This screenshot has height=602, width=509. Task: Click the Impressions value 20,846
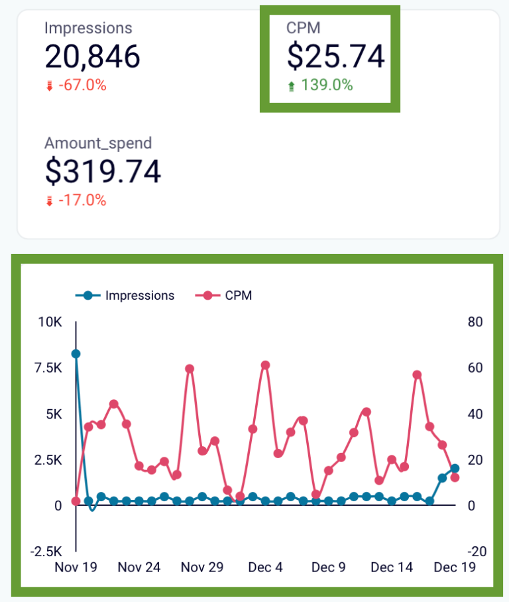[92, 56]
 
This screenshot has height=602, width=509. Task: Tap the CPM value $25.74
[335, 56]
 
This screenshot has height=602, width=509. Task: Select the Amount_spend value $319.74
[103, 171]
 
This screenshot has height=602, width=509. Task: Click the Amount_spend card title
[98, 143]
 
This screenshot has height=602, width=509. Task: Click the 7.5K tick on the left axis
[48, 368]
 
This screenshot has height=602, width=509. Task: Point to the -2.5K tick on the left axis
[46, 552]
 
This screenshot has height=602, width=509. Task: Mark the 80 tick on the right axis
[475, 322]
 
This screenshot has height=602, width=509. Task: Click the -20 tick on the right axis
[476, 552]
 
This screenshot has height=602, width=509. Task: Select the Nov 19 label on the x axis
[76, 568]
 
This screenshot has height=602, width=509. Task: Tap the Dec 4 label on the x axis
[265, 568]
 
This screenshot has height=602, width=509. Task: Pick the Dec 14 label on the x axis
[392, 568]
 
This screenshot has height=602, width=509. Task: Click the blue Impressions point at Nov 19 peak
[76, 354]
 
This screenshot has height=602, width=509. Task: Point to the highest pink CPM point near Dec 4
[265, 365]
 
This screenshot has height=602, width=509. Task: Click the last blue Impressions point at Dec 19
[455, 469]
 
